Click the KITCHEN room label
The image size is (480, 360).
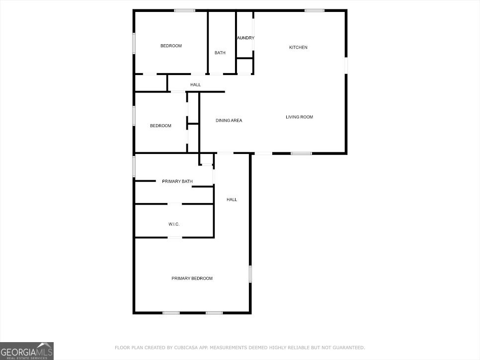[x=298, y=48]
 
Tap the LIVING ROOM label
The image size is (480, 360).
[x=299, y=117]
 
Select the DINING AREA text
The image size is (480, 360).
[x=229, y=121]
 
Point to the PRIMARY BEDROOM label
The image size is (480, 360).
[x=192, y=279]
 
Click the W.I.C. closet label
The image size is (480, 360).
[x=173, y=224]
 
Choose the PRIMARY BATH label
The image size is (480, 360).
[x=177, y=182]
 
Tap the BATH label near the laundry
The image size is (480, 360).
[x=220, y=53]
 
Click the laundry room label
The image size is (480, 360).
[x=245, y=38]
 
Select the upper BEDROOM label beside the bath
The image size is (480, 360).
[x=171, y=46]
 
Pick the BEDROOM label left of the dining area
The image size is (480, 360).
[x=160, y=126]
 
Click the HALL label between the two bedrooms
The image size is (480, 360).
[x=195, y=85]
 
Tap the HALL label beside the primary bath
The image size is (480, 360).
[x=232, y=200]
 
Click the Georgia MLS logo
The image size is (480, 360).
[x=27, y=351]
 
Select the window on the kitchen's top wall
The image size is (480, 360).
[x=314, y=10]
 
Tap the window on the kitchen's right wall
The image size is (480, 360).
[x=346, y=66]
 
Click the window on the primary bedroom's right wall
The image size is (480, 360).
[x=250, y=274]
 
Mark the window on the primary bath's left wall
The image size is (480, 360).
[x=134, y=166]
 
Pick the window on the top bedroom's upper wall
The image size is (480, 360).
[x=184, y=10]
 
